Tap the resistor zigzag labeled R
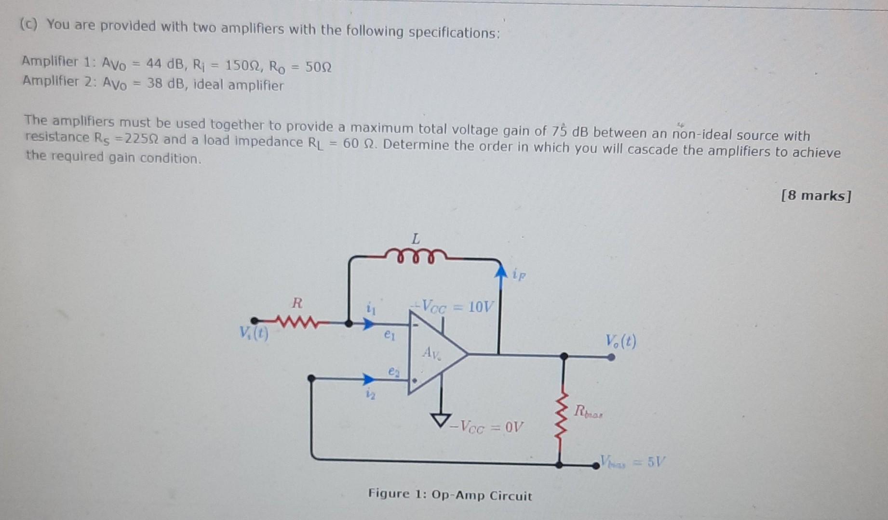point(298,321)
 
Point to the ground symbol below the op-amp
point(441,420)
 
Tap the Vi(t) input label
point(254,333)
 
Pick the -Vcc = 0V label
point(487,427)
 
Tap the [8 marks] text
point(816,195)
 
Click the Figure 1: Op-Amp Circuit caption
point(450,495)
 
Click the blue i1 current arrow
point(368,324)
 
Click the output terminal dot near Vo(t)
point(611,357)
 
